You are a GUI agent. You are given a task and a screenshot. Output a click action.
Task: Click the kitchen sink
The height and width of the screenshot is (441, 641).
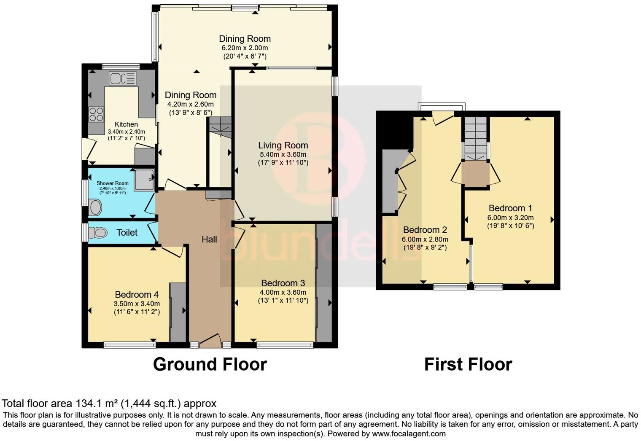pos(122,78)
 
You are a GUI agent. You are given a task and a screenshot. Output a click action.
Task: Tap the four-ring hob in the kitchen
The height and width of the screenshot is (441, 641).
pos(96,114)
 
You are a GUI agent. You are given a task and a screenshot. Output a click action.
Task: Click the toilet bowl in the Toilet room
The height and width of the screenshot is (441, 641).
pos(97,232)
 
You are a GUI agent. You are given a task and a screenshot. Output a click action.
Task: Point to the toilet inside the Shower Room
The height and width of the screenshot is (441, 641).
pos(95,207)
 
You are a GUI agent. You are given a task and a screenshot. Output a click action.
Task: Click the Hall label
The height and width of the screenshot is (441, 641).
pos(209,239)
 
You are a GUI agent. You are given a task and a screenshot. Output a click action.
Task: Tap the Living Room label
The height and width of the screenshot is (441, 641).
pos(283,145)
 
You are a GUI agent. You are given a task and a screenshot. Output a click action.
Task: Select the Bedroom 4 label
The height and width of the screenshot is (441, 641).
pos(137,294)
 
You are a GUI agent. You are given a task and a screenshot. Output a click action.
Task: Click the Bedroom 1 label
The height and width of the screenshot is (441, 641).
pos(511,208)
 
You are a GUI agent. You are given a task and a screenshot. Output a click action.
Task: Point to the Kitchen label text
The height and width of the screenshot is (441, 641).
pos(126,124)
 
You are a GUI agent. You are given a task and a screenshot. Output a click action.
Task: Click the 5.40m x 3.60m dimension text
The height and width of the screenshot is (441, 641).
pos(283,155)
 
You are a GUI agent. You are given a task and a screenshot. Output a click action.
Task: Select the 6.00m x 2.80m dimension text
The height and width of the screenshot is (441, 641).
pos(425,239)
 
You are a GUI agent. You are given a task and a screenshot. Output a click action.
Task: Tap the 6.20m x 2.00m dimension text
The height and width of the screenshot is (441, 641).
pos(245,48)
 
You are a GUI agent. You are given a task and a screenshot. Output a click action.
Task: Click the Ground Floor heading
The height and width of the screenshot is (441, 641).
pos(210,364)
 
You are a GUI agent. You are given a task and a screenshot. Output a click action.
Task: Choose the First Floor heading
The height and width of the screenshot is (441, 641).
pos(468,364)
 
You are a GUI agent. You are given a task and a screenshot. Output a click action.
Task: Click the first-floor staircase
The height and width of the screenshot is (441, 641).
pos(475,138)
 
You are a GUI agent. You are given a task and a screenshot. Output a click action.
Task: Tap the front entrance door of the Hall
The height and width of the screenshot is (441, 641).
pos(210,341)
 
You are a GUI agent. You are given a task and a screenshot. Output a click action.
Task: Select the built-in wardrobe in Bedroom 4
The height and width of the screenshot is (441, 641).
pos(178,312)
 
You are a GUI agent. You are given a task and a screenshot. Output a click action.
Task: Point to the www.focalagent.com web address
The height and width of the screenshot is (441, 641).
pos(409,433)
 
